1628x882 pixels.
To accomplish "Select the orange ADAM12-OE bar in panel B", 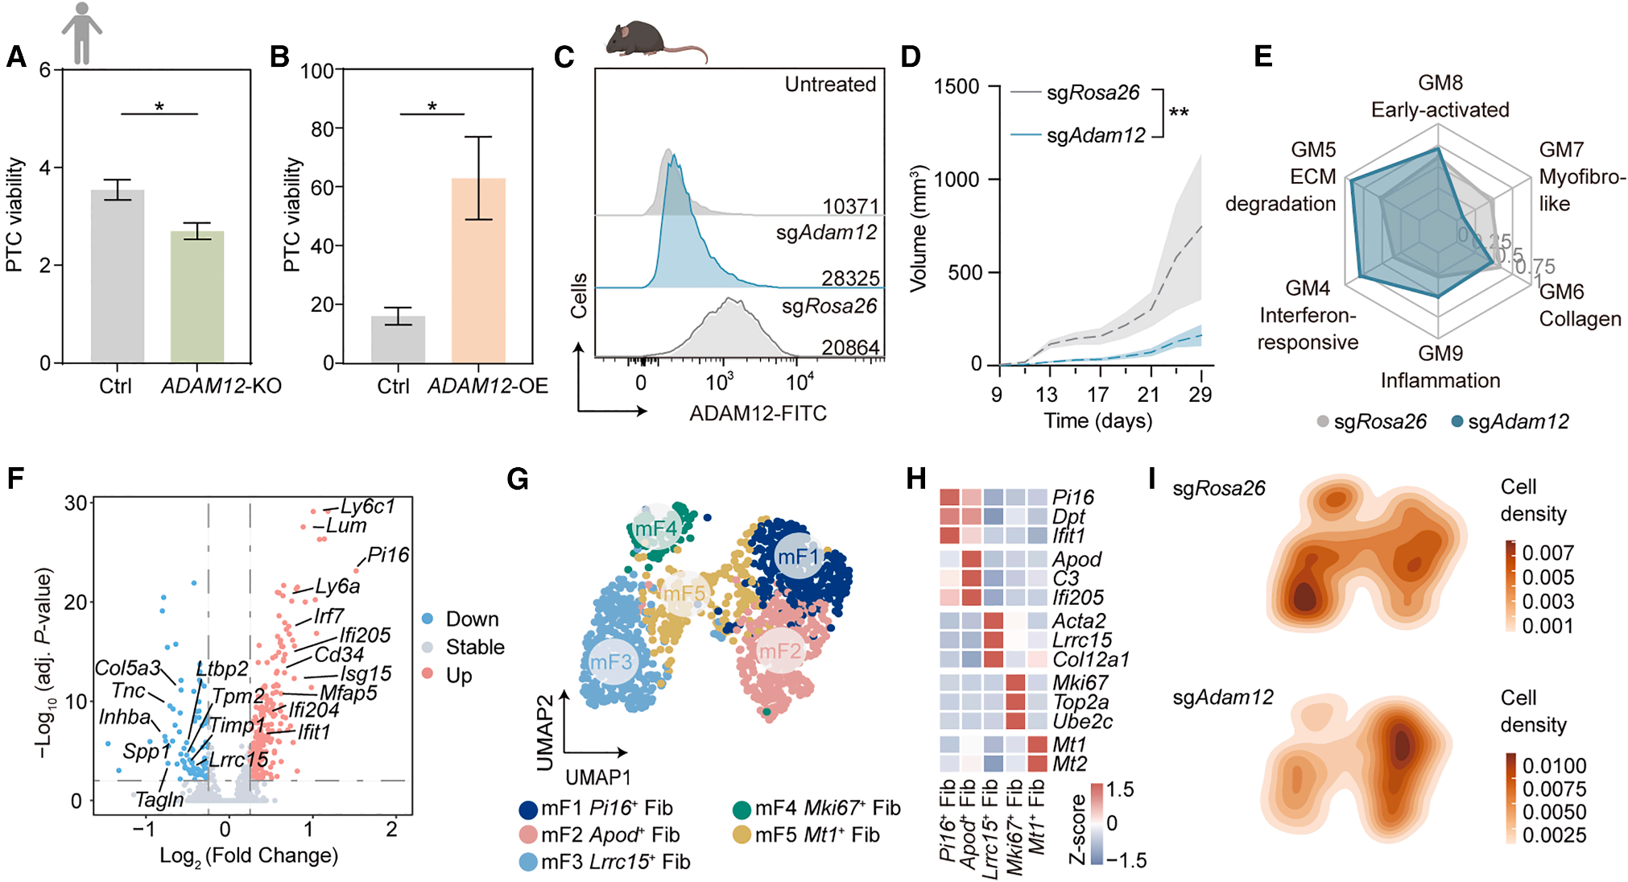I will pos(478,270).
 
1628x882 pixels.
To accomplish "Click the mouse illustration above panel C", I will pos(652,40).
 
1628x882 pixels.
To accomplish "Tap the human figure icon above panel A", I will pos(81,33).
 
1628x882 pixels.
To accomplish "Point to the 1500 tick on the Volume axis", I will pos(957,87).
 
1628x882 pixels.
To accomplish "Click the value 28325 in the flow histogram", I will pos(850,279).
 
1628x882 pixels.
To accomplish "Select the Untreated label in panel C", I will pos(830,85).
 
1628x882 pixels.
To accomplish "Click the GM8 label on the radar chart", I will pos(1440,83).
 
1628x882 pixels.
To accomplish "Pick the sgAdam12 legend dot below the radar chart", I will pos(1457,421).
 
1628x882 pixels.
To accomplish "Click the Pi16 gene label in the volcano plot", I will pos(388,555).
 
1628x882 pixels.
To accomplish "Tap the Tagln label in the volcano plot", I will pos(159,800).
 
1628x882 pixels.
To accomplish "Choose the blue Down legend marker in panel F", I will pos(428,619).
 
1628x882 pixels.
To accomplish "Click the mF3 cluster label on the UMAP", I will pos(611,662).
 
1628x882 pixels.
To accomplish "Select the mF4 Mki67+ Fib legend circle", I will pos(742,809).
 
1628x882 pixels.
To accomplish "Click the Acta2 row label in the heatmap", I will pos(1079,621).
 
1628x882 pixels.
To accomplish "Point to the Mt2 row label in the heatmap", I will pos(1070,764).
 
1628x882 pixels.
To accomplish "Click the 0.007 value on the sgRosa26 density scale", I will pos(1547,553).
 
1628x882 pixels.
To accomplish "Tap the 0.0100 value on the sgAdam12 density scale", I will pos(1554,766).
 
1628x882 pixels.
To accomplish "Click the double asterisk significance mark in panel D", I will pos(1179,113).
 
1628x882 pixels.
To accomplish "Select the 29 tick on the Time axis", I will pos(1200,394).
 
